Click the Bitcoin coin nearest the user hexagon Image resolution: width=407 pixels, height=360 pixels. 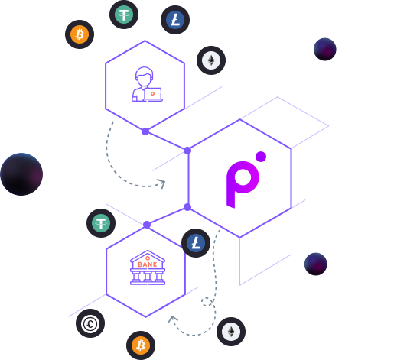click(80, 34)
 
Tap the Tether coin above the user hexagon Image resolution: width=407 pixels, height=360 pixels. click(124, 15)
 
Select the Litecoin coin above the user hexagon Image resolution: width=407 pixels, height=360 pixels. click(175, 20)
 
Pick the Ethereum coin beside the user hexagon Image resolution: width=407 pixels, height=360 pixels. click(211, 60)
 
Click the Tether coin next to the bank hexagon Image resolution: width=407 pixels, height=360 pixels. click(101, 223)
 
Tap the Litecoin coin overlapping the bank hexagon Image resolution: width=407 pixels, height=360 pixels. click(196, 243)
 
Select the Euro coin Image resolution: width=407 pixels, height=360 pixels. click(90, 323)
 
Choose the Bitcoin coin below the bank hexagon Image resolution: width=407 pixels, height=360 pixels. click(141, 345)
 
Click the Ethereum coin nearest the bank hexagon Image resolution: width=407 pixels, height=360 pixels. click(231, 332)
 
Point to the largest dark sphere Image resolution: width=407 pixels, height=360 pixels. click(21, 174)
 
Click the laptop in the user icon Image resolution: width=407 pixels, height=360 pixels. click(153, 95)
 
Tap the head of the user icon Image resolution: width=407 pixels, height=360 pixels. click(144, 77)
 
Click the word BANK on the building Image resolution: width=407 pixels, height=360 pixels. click(148, 264)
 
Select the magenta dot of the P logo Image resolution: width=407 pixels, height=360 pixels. click(261, 157)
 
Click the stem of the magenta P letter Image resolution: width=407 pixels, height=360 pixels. click(231, 190)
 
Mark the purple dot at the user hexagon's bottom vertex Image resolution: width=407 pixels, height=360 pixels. click(145, 131)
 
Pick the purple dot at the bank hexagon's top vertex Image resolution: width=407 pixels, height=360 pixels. click(147, 225)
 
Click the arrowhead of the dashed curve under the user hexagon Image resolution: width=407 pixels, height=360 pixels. click(162, 183)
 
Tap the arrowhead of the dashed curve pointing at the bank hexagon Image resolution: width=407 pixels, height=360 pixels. click(172, 319)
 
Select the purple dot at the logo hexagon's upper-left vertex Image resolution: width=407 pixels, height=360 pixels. click(187, 151)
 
